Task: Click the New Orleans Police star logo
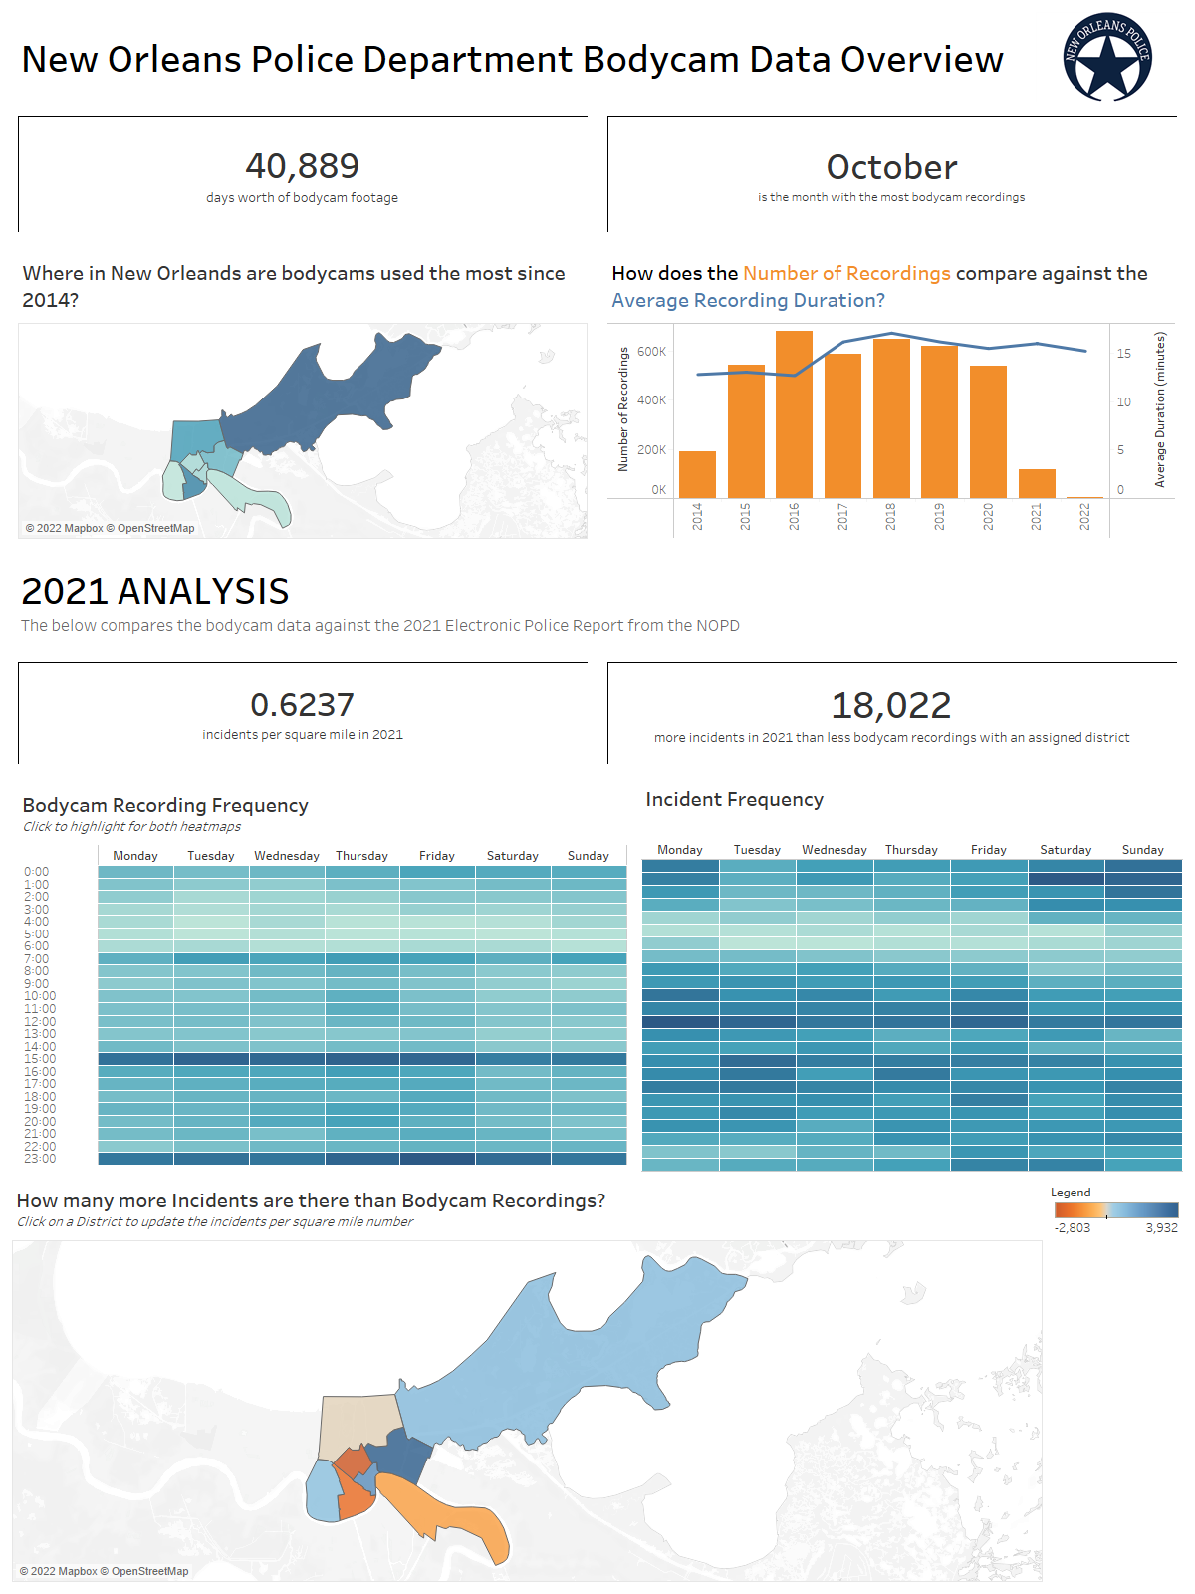(1107, 58)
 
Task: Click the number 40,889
(302, 166)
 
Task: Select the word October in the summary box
(891, 167)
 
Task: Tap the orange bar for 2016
(794, 413)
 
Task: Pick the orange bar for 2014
(697, 474)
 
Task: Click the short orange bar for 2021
(1037, 483)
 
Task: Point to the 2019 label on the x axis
(939, 516)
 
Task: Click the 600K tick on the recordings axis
(651, 352)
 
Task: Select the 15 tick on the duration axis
(1123, 354)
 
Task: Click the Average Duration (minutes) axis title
(1160, 409)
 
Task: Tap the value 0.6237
(302, 705)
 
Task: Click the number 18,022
(891, 706)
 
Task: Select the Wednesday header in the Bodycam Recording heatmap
(287, 856)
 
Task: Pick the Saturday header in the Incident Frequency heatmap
(1066, 850)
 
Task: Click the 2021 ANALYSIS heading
(155, 592)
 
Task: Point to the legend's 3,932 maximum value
(1161, 1228)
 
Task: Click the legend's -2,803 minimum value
(1073, 1228)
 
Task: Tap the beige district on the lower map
(358, 1425)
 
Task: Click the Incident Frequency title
(734, 800)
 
